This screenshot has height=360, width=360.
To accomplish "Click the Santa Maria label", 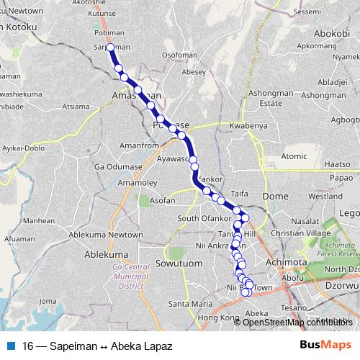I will (185, 304).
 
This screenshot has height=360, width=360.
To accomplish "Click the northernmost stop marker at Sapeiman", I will (110, 48).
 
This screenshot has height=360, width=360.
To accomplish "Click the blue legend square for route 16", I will (10, 345).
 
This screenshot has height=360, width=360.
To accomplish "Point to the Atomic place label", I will (294, 156).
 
